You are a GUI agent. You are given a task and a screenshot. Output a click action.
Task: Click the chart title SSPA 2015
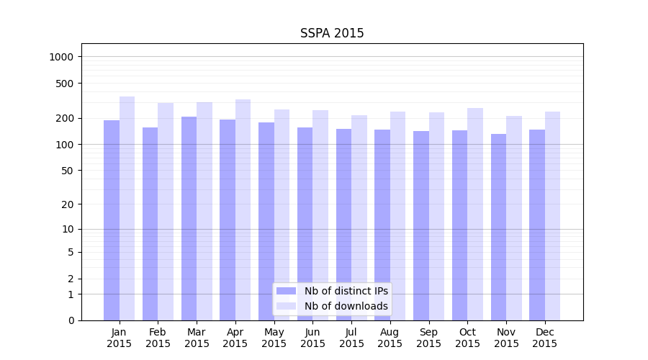click(x=332, y=33)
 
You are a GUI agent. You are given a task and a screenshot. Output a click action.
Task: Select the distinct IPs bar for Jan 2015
click(x=112, y=220)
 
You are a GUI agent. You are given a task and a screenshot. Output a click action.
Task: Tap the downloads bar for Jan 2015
click(x=127, y=209)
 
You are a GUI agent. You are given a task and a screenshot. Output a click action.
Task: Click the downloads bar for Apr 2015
click(x=243, y=210)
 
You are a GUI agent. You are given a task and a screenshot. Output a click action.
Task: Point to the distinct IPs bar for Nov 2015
click(x=498, y=227)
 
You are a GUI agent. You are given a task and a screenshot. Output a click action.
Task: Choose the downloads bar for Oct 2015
click(x=475, y=215)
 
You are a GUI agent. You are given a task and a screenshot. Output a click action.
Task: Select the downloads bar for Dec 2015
click(x=552, y=216)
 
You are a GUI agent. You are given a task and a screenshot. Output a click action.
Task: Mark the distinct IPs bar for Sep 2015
click(x=421, y=225)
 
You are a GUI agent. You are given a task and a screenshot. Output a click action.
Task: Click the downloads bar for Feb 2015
click(x=166, y=212)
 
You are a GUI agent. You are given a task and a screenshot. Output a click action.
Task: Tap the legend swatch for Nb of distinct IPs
click(x=286, y=291)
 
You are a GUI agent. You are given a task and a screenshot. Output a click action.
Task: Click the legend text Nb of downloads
click(x=346, y=306)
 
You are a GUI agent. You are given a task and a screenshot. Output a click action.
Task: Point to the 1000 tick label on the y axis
click(x=61, y=57)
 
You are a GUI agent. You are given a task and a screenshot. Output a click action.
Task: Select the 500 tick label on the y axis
click(x=64, y=84)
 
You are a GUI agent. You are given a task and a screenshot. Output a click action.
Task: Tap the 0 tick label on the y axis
click(x=70, y=320)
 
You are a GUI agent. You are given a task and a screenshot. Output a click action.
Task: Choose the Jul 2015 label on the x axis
click(x=351, y=338)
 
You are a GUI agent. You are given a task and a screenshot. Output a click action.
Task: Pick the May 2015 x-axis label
click(x=274, y=338)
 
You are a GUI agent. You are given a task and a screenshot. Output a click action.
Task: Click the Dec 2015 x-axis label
click(x=545, y=338)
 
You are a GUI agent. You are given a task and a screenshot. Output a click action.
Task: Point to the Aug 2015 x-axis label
click(x=390, y=338)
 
